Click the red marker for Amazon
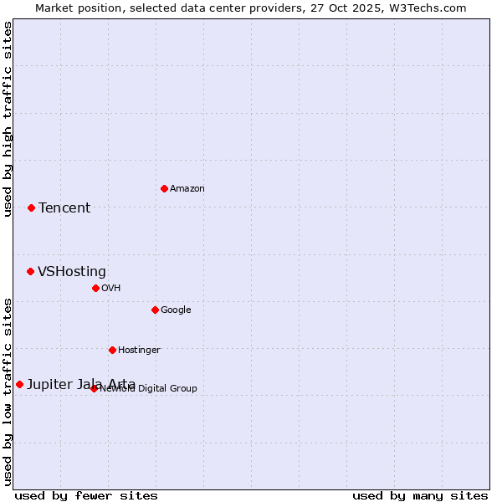tap(164, 188)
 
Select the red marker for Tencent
tap(31, 207)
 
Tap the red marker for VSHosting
tap(30, 271)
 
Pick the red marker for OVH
tap(95, 288)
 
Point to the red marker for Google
tap(155, 310)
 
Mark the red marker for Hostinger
tap(112, 350)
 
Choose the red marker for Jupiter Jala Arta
tap(19, 384)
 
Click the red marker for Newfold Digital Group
tap(94, 388)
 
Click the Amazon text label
tap(187, 189)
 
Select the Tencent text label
tap(64, 208)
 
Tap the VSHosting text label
tap(72, 272)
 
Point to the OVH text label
tap(111, 289)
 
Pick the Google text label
tap(176, 310)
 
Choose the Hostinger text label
tap(139, 351)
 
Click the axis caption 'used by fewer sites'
tap(86, 495)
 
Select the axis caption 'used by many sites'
tap(420, 495)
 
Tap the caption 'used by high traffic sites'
tap(8, 119)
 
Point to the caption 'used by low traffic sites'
tap(8, 392)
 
